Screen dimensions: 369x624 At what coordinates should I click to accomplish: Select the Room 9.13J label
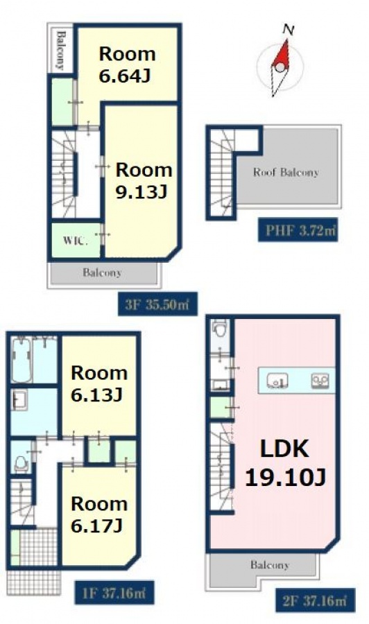pos(144,181)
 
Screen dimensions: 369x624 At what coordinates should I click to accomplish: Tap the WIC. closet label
pos(75,241)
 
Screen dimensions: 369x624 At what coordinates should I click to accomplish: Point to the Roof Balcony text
pos(286,173)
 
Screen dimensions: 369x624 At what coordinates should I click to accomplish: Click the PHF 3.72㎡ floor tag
pos(298,230)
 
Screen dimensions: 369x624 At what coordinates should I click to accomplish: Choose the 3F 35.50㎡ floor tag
pos(157,304)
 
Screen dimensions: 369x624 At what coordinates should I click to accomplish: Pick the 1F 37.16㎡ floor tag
pos(114,593)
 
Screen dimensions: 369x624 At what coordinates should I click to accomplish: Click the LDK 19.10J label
pos(285,463)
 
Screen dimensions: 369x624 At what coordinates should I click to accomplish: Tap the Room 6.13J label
pos(99,384)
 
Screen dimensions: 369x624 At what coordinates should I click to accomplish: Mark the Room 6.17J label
pos(99,514)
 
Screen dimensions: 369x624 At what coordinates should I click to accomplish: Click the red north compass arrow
pos(281,55)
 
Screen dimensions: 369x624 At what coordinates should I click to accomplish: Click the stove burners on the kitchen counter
pos(320,381)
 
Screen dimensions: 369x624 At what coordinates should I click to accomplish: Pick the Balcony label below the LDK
pos(270,564)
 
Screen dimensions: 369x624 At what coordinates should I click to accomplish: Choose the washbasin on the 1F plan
pos(19,400)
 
